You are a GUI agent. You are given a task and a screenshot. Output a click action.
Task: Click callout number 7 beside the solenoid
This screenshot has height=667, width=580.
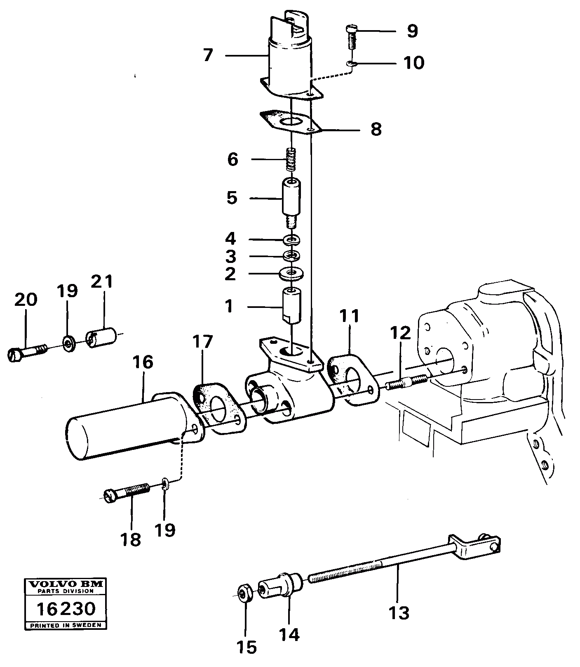[x=208, y=55]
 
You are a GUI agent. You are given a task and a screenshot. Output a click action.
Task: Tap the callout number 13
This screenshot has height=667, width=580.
[x=399, y=613]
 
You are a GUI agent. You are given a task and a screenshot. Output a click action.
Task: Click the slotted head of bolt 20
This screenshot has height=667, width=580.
[x=14, y=355]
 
